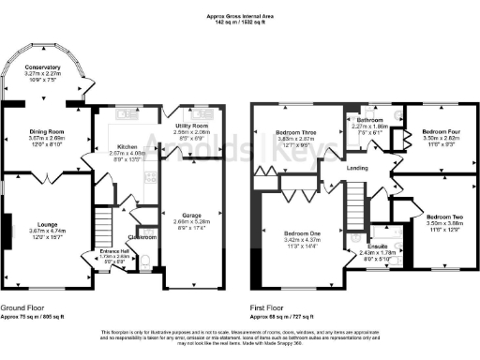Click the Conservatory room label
point(42,67)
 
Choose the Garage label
point(191,216)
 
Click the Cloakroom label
point(143,237)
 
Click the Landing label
point(357,168)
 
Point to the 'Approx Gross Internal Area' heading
point(239,15)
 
